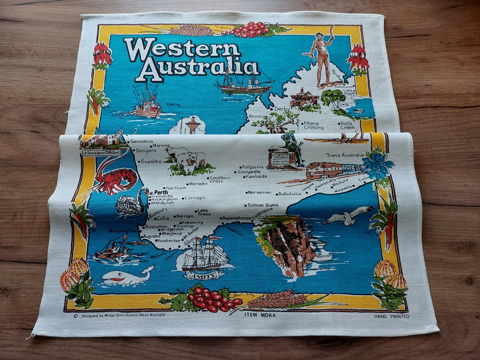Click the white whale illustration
click(x=127, y=277)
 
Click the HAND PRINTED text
click(x=392, y=316)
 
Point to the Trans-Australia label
click(x=345, y=156)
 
